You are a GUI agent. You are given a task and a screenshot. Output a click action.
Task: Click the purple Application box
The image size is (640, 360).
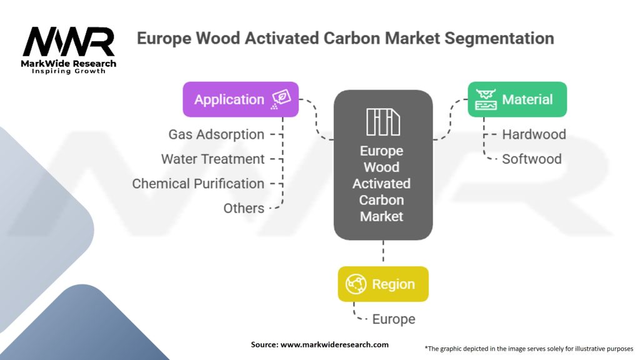pyautogui.click(x=240, y=99)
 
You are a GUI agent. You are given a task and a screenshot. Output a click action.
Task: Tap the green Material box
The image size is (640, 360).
pyautogui.click(x=517, y=99)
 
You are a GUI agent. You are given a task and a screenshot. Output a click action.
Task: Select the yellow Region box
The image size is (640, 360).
pyautogui.click(x=383, y=284)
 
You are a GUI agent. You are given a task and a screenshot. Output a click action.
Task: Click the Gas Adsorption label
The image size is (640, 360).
pyautogui.click(x=216, y=134)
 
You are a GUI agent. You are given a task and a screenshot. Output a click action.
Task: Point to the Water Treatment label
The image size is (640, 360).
pyautogui.click(x=212, y=159)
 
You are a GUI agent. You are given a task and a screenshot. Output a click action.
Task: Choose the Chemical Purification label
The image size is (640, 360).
pyautogui.click(x=198, y=184)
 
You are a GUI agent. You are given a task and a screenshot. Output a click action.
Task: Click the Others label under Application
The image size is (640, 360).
pyautogui.click(x=244, y=208)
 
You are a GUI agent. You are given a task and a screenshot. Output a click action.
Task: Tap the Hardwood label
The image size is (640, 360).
pyautogui.click(x=534, y=134)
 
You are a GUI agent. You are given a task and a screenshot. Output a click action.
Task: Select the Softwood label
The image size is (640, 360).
pyautogui.click(x=532, y=159)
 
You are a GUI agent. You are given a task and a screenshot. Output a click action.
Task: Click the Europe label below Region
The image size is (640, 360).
pyautogui.click(x=394, y=319)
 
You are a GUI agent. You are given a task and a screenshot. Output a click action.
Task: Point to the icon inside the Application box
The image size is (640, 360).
pyautogui.click(x=281, y=99)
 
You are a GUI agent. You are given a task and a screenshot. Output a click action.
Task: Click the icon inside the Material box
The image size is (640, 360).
pyautogui.click(x=486, y=99)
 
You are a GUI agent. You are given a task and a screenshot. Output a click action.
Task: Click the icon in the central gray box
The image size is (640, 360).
pyautogui.click(x=382, y=121)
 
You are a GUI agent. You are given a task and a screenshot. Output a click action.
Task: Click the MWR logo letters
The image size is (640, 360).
pyautogui.click(x=69, y=43)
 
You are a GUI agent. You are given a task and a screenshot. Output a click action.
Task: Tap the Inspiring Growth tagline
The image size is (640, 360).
pyautogui.click(x=69, y=71)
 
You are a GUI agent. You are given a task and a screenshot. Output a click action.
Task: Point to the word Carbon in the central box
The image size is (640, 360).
pyautogui.click(x=382, y=200)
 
